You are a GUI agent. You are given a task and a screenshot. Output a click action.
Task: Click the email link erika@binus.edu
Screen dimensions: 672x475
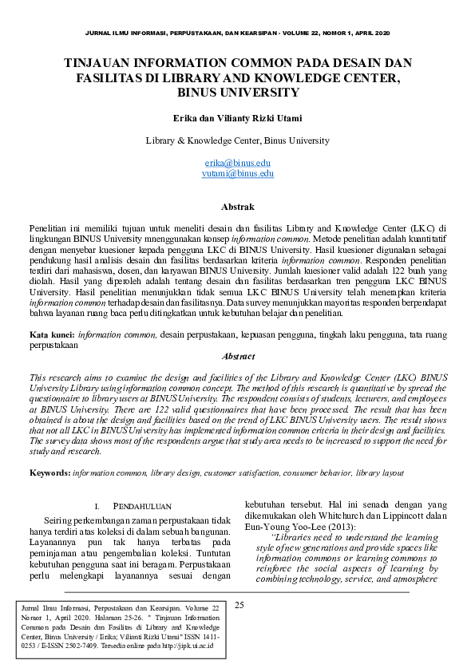[238, 162]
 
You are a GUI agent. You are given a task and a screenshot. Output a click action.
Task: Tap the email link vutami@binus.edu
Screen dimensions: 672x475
[238, 172]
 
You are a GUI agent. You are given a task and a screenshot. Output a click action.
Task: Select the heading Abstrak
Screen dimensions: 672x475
[237, 206]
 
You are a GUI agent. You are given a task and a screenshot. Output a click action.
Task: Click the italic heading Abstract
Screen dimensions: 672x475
[238, 356]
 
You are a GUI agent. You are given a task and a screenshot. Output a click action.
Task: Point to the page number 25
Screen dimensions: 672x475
[239, 605]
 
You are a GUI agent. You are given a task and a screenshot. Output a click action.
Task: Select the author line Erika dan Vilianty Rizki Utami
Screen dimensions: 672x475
[238, 118]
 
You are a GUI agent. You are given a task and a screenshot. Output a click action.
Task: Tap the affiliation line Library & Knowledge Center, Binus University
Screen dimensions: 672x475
[238, 140]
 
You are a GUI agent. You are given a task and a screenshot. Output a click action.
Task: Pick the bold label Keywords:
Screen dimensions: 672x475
[49, 473]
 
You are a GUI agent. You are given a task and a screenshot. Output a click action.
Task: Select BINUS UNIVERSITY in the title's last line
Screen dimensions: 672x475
[238, 92]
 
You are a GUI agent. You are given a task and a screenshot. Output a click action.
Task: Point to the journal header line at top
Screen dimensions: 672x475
[238, 33]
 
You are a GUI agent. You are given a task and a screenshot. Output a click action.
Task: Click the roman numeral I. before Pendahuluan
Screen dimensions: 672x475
[97, 506]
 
